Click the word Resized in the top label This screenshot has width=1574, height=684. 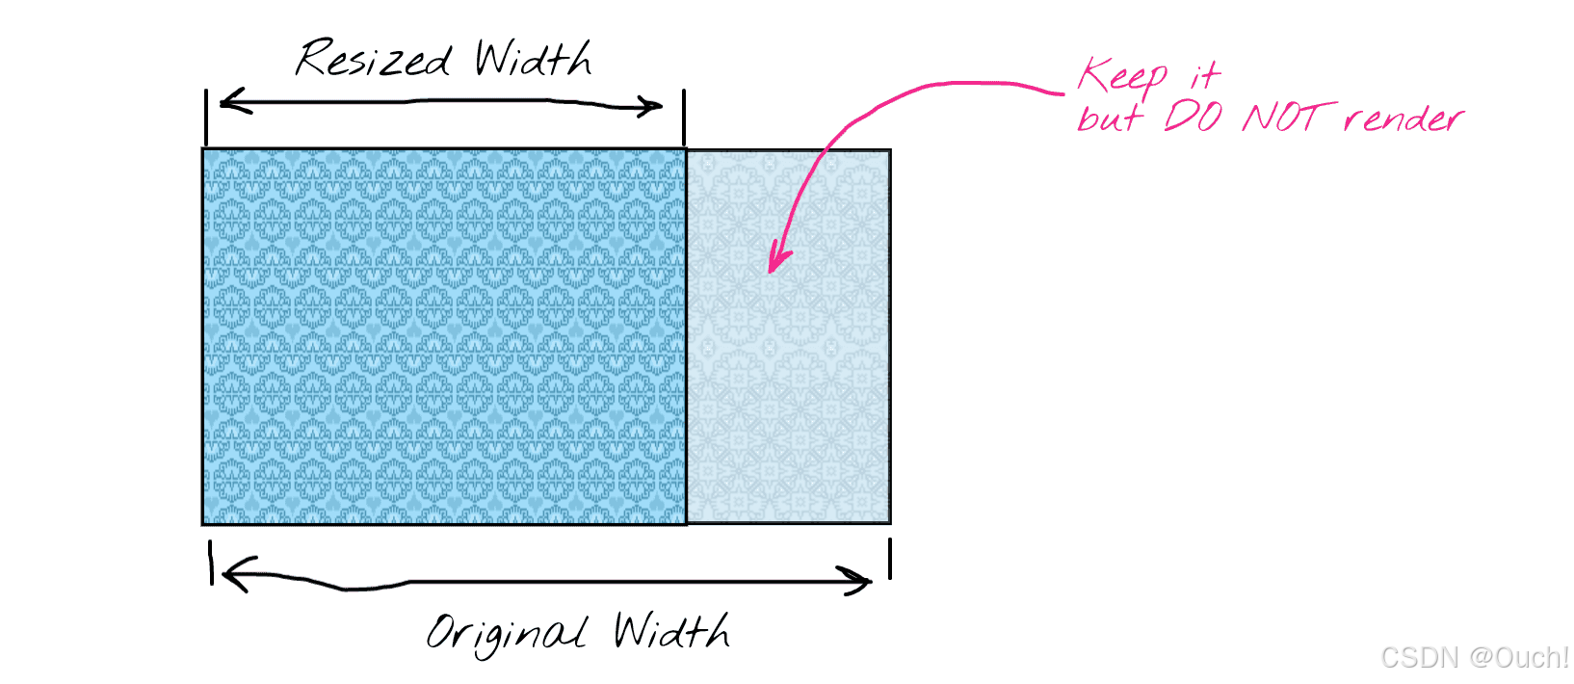point(373,60)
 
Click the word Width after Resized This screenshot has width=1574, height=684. point(533,60)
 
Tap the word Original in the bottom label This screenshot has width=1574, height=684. point(506,634)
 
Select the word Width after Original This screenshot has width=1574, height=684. point(671,632)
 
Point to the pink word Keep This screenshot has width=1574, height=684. point(1122,75)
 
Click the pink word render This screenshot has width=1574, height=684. point(1403,118)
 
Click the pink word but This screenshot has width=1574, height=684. point(1110,117)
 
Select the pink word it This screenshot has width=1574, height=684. point(1205,75)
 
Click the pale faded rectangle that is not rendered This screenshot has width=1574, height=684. point(788,385)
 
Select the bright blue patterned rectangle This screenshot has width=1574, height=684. point(444,336)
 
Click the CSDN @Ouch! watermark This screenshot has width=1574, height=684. point(1474,657)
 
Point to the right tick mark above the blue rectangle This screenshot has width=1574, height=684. point(684,117)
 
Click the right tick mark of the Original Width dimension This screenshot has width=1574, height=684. point(890,559)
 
